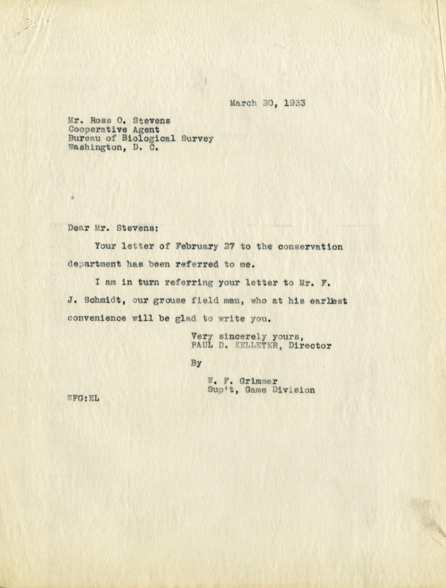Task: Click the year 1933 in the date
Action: click(295, 103)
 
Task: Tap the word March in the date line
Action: click(243, 103)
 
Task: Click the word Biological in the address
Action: click(149, 139)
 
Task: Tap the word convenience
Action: click(97, 318)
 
